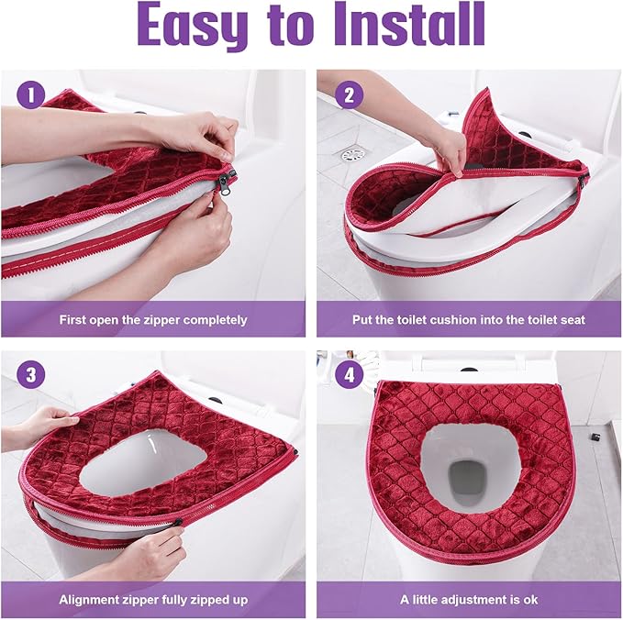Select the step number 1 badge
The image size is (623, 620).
click(x=30, y=94)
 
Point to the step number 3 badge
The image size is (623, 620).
click(x=30, y=374)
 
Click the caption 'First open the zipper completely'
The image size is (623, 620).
click(x=153, y=320)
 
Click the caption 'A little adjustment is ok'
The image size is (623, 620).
click(x=470, y=599)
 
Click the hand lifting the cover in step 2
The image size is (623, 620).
click(x=447, y=147)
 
